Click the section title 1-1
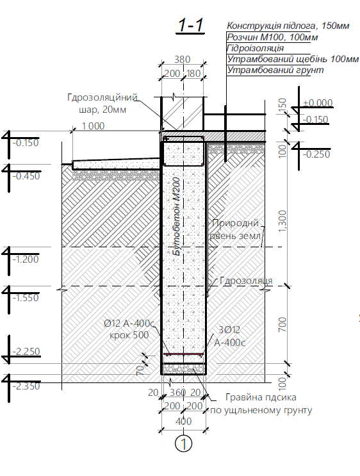190,25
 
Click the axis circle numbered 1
184,443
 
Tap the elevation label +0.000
318,103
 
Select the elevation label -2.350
26,386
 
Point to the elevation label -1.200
26,259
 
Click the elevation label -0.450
26,176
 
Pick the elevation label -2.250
26,352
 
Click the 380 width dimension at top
182,59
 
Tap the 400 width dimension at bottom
183,422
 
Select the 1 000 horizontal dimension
93,126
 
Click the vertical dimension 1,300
282,221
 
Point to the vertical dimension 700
282,324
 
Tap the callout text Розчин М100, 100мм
272,37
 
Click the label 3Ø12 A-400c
229,336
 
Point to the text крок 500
129,335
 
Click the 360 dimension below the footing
177,393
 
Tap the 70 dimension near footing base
140,370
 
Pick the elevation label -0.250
316,154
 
